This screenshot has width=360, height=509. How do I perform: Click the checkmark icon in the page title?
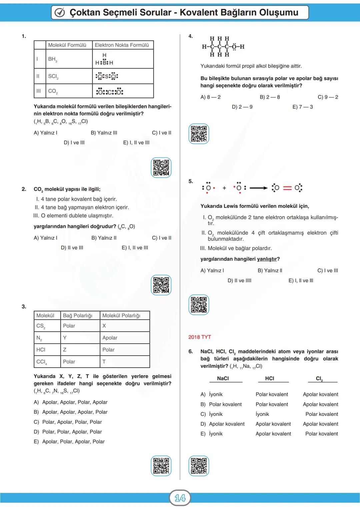[x=60, y=13]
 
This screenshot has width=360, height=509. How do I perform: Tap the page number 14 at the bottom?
[x=180, y=498]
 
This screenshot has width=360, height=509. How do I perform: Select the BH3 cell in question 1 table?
[x=52, y=59]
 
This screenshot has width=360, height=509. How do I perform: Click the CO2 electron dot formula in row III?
[x=109, y=91]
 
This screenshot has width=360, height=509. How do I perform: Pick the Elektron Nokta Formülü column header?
[x=122, y=45]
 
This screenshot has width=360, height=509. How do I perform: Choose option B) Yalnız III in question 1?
[x=104, y=133]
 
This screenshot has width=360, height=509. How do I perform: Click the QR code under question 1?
[x=161, y=167]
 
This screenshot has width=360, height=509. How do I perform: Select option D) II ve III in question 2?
[x=72, y=248]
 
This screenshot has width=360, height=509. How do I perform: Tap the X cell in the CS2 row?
[x=104, y=326]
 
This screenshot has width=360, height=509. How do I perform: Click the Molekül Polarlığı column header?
[x=121, y=315]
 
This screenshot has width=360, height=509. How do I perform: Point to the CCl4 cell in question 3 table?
[x=42, y=362]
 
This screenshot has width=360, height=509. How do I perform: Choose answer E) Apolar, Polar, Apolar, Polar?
[x=69, y=441]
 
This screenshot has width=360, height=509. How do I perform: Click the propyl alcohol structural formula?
[x=223, y=47]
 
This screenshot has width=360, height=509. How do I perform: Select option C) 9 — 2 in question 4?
[x=328, y=97]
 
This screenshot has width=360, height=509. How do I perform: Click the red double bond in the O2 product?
[x=287, y=188]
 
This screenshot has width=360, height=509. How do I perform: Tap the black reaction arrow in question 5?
[x=258, y=188]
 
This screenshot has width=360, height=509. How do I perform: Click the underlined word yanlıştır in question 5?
[x=267, y=259]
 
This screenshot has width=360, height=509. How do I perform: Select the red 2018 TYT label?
[x=200, y=337]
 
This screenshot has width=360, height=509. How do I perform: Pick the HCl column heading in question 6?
[x=270, y=378]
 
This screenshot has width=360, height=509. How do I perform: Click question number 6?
[x=191, y=351]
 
